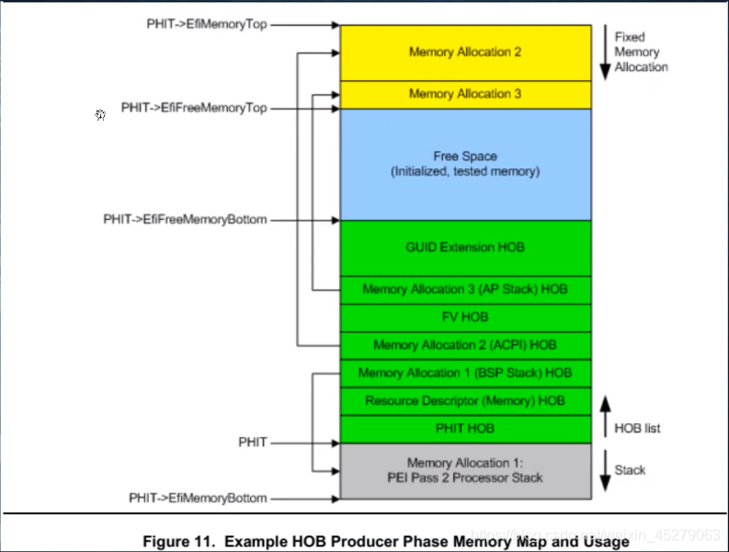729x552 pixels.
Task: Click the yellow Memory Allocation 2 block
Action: tap(464, 52)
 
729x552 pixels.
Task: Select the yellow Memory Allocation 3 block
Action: tap(464, 94)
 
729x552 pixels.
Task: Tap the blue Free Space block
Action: tap(464, 164)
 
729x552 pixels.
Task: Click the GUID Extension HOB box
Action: tap(464, 247)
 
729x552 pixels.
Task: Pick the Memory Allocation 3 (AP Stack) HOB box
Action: tap(464, 289)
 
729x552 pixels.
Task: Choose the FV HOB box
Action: tap(464, 316)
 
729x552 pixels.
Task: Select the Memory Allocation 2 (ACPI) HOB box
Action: tap(464, 345)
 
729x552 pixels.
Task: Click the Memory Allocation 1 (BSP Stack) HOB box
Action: tap(464, 373)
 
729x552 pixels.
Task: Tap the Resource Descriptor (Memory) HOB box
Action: tap(464, 401)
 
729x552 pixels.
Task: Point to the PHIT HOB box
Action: tap(464, 429)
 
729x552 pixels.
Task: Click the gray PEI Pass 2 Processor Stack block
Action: tap(464, 470)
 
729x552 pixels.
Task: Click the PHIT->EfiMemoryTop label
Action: tap(206, 24)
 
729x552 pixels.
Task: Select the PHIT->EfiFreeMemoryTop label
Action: tap(194, 108)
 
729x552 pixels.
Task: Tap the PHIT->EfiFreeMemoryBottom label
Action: tap(185, 220)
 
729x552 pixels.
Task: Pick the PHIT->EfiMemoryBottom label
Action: tap(198, 498)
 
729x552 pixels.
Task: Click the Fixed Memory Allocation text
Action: tap(641, 52)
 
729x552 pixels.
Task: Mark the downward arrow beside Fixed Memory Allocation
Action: tap(603, 52)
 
